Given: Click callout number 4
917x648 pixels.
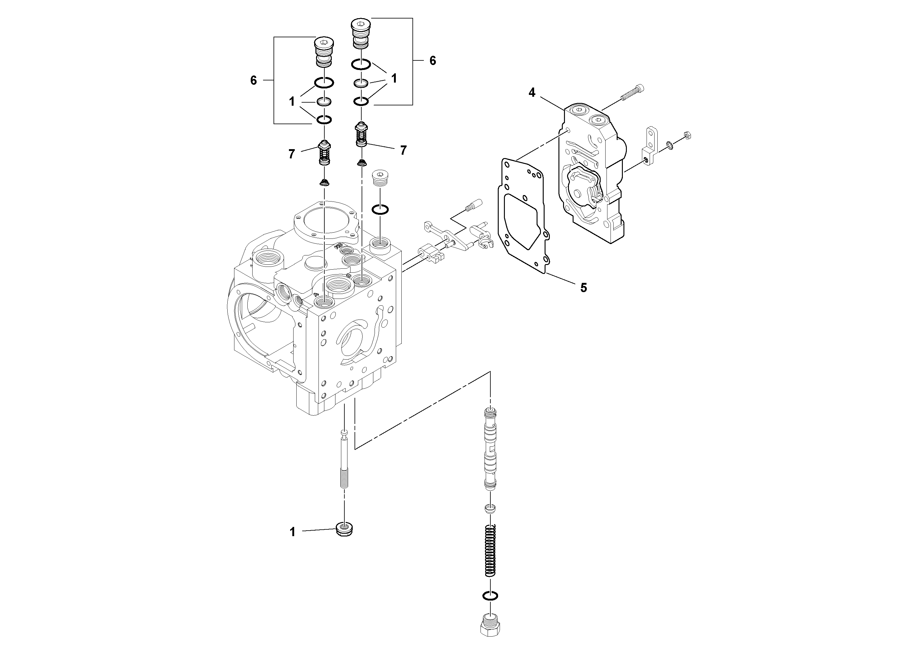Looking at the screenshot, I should (x=532, y=93).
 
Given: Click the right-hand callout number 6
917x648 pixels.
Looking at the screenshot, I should (x=432, y=61).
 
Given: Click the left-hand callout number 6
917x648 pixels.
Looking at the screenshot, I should (x=254, y=80).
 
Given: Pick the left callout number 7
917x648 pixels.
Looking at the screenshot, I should (x=292, y=154).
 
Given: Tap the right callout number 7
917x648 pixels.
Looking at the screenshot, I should (x=404, y=150).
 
